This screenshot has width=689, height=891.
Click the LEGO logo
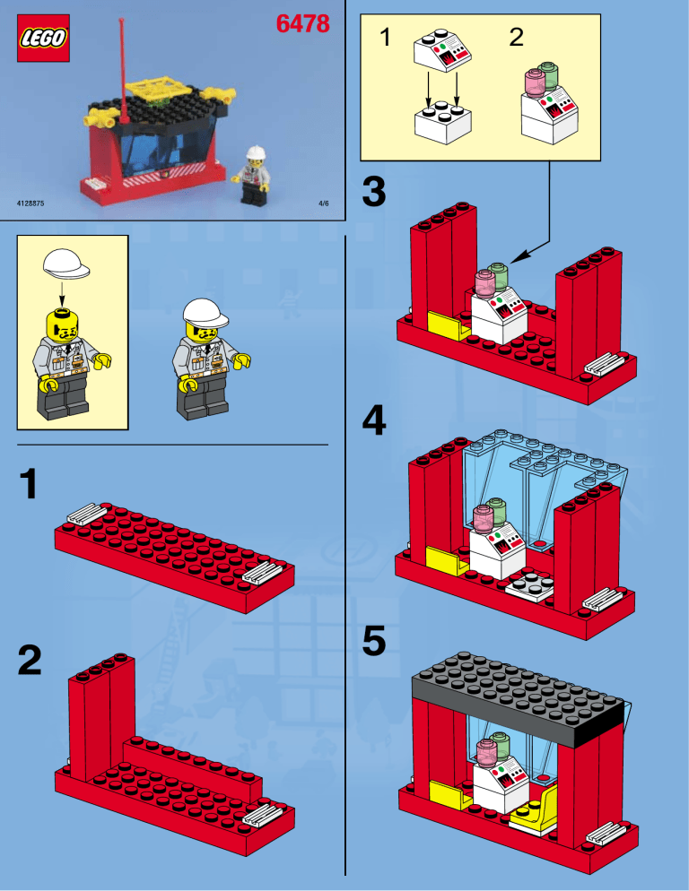(41, 42)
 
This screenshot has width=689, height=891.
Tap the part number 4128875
(31, 203)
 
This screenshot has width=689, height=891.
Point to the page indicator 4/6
(324, 203)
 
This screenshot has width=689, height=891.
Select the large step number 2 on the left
(31, 663)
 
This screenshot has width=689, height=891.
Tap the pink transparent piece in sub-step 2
(536, 84)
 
